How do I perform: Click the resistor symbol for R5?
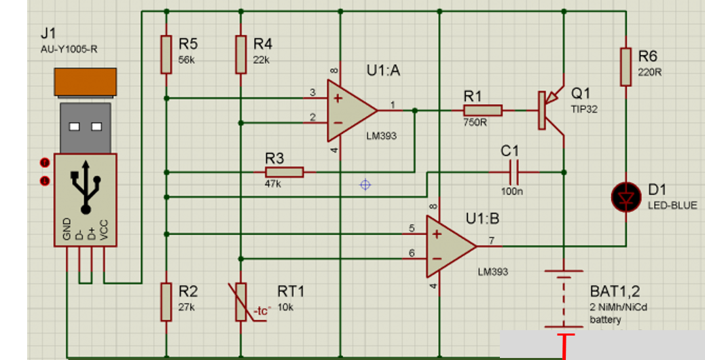166,54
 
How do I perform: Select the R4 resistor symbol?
240,54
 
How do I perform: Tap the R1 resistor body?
483,111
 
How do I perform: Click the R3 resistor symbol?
284,172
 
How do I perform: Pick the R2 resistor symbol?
166,302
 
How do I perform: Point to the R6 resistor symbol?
626,67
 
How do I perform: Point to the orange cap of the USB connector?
86,84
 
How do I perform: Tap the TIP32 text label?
584,109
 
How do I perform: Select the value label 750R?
475,123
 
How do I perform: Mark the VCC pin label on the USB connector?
104,230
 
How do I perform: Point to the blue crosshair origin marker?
365,184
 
